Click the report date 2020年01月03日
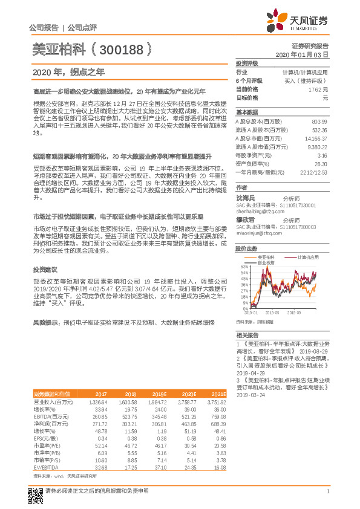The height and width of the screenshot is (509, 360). [301, 54]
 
